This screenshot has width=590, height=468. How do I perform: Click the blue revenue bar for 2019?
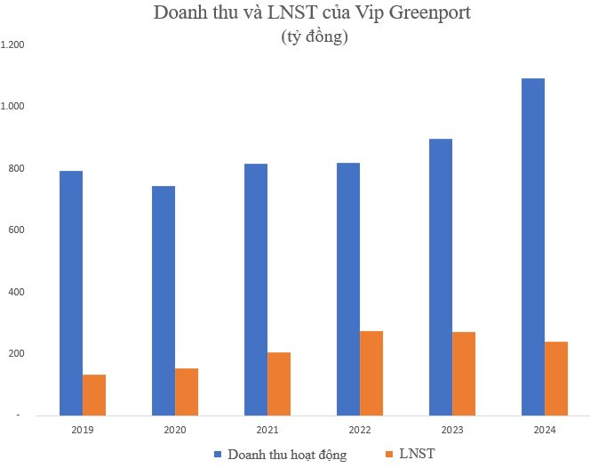tap(71, 293)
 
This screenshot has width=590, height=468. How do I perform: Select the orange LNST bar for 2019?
tap(94, 394)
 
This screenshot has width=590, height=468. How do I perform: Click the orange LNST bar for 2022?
tap(371, 373)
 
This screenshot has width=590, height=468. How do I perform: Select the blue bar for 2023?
tap(441, 277)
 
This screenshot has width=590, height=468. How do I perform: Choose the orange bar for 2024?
tap(556, 378)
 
